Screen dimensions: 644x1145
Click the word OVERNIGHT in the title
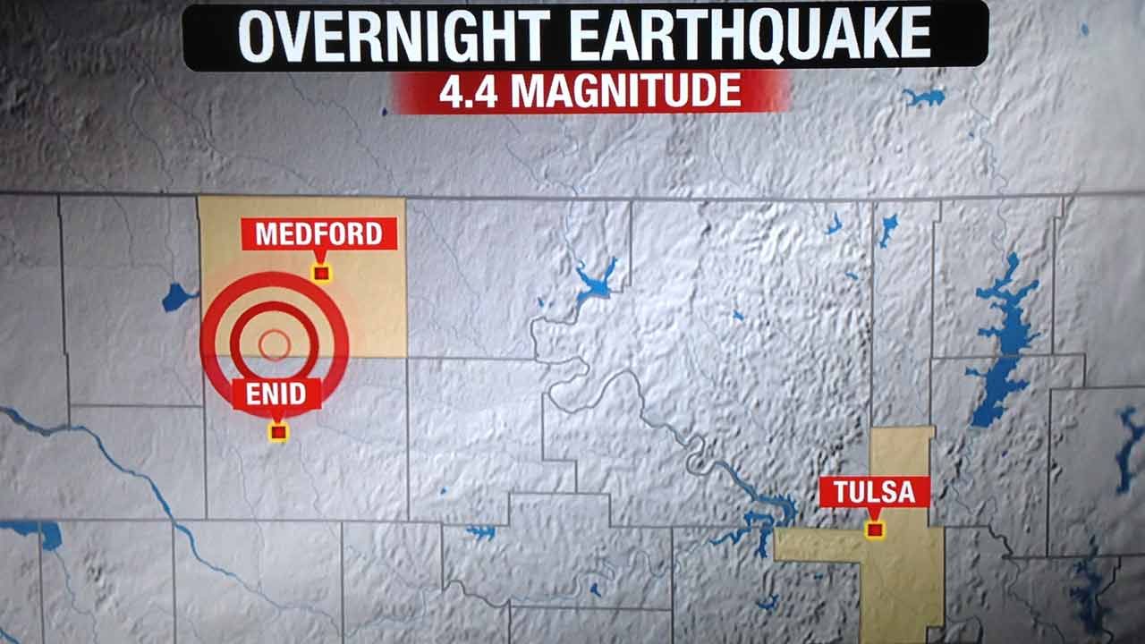pos(394,37)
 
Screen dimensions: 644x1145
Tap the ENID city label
pos(276,394)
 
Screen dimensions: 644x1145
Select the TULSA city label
pos(874,491)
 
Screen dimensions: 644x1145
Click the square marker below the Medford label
pos(320,273)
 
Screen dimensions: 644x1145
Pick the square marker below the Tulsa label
pos(875,530)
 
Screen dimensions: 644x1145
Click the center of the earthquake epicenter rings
pos(274,344)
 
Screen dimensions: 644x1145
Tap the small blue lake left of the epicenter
pos(177,297)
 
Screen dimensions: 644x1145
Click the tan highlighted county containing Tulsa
pos(903,572)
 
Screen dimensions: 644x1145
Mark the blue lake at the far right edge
pos(1129,447)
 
